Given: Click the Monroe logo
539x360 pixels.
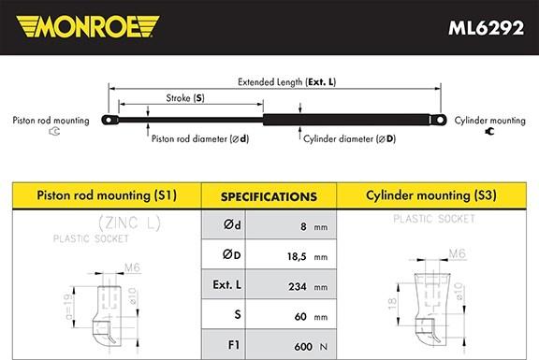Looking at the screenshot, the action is (88, 26).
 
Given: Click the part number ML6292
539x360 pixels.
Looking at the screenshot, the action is (486, 27).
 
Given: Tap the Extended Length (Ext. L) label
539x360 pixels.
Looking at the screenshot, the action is (286, 82).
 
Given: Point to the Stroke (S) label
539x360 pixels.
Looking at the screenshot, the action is (185, 98).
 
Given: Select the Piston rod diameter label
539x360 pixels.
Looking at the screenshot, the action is (200, 138).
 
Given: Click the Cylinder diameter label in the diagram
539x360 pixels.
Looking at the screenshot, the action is (350, 138).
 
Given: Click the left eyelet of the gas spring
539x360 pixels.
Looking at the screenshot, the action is (109, 120).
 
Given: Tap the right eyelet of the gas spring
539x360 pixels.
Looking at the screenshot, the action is (439, 120).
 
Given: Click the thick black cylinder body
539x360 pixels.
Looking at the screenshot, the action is (346, 120).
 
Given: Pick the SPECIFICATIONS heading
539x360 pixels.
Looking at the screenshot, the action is (269, 197).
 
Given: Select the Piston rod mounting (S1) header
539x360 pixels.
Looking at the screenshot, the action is (107, 195).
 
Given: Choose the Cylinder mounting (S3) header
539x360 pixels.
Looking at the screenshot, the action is (431, 195).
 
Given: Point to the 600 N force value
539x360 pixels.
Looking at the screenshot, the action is (311, 347).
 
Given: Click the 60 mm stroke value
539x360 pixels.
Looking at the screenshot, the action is (311, 316).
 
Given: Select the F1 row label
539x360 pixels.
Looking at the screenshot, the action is (234, 345).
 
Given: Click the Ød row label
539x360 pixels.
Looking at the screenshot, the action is (232, 224).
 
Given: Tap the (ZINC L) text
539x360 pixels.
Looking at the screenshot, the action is (129, 223).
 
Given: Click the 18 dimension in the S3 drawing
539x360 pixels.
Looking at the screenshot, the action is (392, 303).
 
